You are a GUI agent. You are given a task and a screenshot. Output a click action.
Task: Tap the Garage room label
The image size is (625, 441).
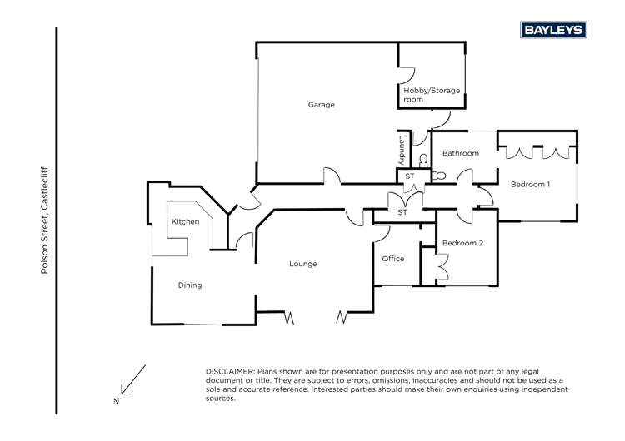pos(321,105)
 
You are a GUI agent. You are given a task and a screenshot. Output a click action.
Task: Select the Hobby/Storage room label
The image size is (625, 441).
pos(432,95)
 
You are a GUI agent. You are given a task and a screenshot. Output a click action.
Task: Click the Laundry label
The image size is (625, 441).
pos(402,148)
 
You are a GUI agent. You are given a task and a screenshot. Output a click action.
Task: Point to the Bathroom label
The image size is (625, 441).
pos(460,153)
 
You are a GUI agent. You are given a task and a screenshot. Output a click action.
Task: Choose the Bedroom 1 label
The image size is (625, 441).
pos(530,184)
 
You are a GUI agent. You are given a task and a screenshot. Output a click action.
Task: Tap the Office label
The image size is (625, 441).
pos(392,259)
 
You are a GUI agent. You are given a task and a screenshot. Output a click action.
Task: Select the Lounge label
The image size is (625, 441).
pos(302,264)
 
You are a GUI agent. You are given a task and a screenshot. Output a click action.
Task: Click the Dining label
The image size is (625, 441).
pos(190,285)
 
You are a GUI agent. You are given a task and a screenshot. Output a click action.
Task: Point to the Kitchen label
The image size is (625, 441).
pos(185,222)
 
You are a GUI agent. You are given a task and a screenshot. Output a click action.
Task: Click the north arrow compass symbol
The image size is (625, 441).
pos(133,379)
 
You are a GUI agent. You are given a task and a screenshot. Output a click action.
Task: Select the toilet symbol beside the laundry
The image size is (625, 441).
pos(423,159)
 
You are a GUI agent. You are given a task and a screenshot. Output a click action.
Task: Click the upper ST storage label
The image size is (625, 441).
pos(409,176)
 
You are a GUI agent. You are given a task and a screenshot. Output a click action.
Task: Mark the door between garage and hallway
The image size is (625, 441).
pos(332,176)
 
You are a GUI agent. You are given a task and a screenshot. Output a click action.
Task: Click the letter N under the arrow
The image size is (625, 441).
pos(116,401)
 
